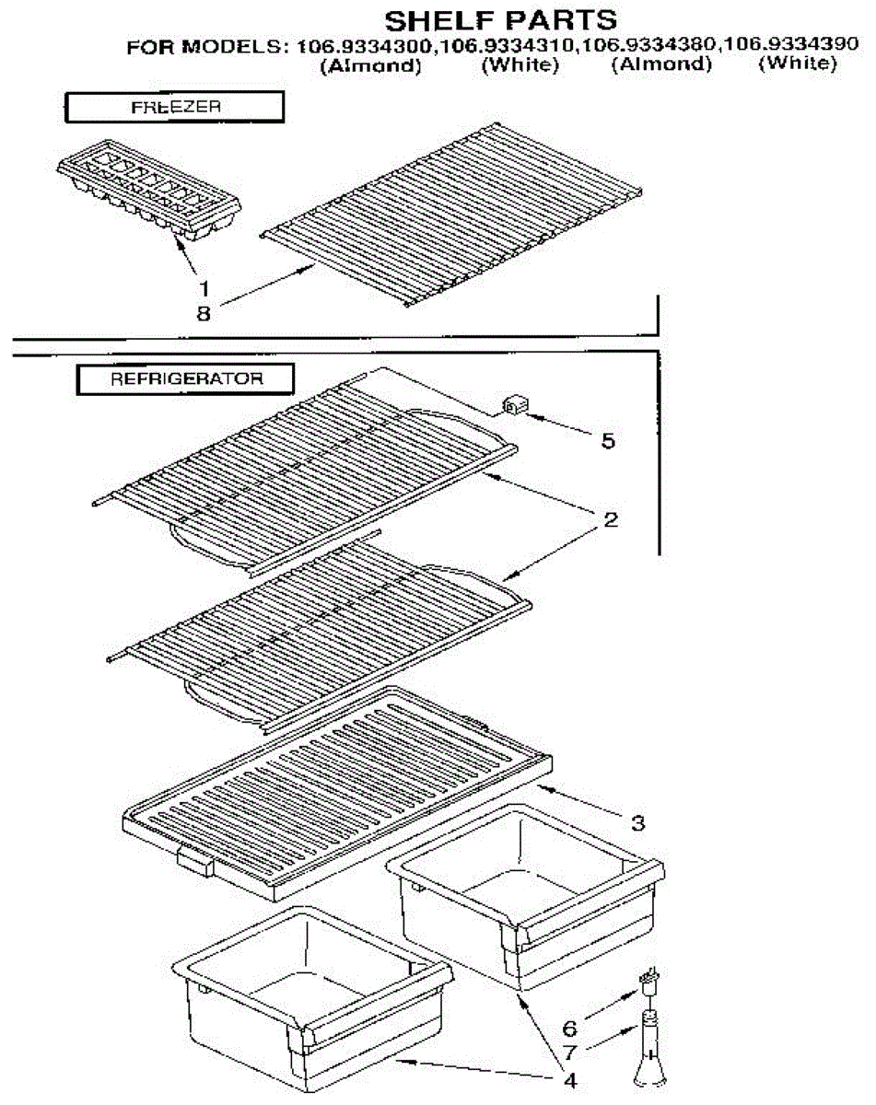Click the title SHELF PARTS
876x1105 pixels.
click(x=500, y=19)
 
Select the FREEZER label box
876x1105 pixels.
click(x=175, y=107)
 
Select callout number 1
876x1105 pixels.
click(x=204, y=287)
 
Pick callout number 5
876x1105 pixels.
click(x=606, y=441)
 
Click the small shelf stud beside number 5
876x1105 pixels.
click(x=513, y=403)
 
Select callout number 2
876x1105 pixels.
click(x=609, y=519)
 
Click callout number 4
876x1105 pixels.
click(x=570, y=1080)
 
